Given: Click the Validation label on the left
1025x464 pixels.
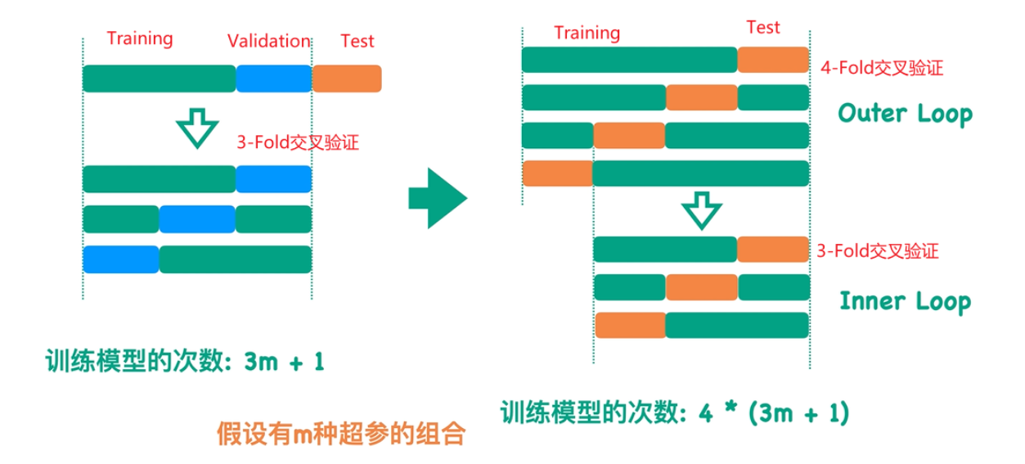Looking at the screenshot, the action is pos(269,41).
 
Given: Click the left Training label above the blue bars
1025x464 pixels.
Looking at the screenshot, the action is pos(140,38).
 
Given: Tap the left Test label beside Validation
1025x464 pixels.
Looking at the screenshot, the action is pos(357,40).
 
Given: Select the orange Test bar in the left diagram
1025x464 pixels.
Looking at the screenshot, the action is pos(347,78).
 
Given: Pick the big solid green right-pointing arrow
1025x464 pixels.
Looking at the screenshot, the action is pos(437,197).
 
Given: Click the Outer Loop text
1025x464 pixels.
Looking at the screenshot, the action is pos(905,114).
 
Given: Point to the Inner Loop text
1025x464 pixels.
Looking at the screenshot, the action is pos(905,301).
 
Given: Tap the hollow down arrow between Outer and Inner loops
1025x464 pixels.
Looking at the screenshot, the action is pos(700,209).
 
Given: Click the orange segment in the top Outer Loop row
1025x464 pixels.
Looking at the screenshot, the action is pos(773,60).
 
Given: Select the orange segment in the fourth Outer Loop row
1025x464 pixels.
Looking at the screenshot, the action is pos(557,173).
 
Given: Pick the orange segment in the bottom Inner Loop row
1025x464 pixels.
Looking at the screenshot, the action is pos(630,325).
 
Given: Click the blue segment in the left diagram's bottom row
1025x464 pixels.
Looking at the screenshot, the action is pos(121,259).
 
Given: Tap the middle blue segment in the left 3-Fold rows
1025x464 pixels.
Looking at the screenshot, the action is pos(197,219).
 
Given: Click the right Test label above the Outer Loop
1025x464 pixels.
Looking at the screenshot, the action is pos(763,28).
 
